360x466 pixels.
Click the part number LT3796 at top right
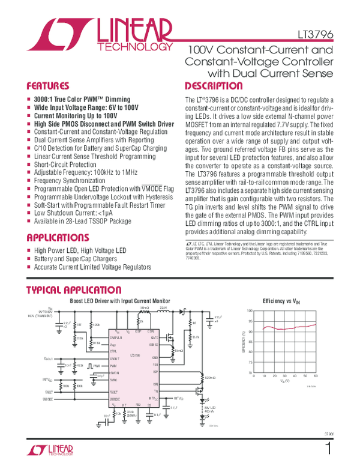click(317, 35)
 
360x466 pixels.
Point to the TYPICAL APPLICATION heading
click(74, 290)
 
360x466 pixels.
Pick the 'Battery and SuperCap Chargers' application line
click(77, 259)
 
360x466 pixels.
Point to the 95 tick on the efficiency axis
click(250, 321)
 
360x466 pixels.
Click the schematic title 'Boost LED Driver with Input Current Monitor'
click(121, 300)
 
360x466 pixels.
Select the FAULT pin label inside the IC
click(114, 390)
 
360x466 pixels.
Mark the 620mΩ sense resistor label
click(210, 377)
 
